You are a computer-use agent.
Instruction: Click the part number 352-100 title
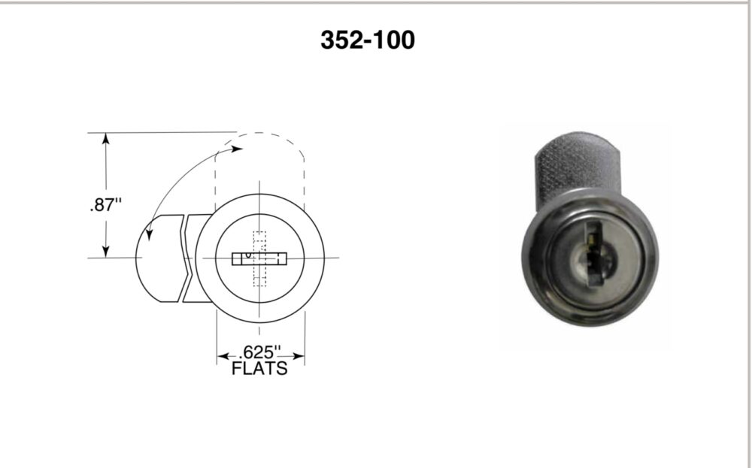coord(367,40)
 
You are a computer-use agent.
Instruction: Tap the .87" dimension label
coord(105,205)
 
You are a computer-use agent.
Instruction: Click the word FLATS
coord(259,368)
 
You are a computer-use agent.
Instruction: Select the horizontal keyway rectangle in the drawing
coord(259,258)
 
